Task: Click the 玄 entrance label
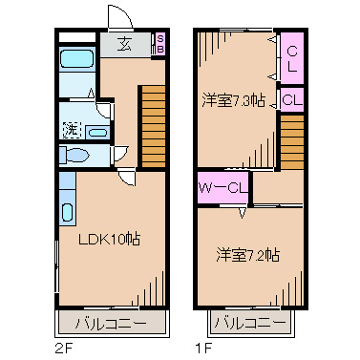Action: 126,42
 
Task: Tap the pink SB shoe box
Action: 160,42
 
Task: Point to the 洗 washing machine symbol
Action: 70,128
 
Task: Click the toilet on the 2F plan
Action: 74,155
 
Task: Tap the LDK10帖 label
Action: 109,239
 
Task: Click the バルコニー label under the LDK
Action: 112,324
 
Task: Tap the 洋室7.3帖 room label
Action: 232,100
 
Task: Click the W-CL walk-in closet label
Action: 223,188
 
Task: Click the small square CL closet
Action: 293,97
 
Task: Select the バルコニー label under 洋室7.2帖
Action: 249,324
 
